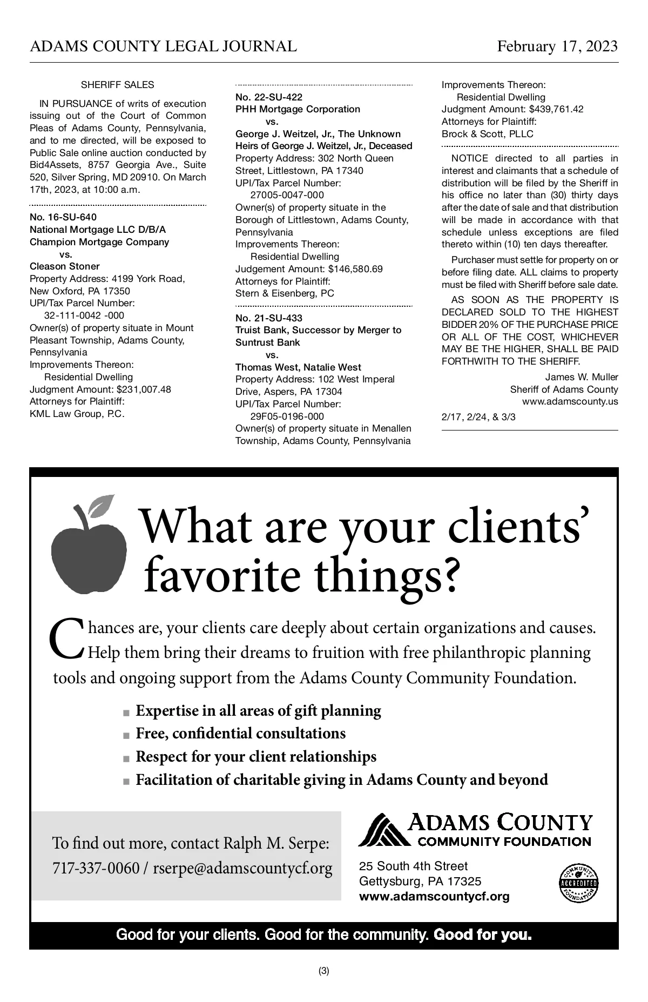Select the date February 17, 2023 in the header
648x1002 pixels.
(557, 46)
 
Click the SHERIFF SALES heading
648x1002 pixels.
(117, 85)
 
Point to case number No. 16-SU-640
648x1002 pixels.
(63, 217)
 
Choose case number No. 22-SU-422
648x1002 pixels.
(269, 97)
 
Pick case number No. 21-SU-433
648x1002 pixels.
(269, 318)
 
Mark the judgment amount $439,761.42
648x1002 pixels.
(556, 109)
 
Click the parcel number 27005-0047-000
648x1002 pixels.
(287, 195)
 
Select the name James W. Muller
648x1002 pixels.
(581, 377)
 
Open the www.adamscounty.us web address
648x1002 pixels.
(570, 402)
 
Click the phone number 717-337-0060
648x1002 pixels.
(96, 869)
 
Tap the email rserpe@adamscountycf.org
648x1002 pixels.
(242, 869)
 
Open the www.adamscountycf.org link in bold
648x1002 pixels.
(434, 897)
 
